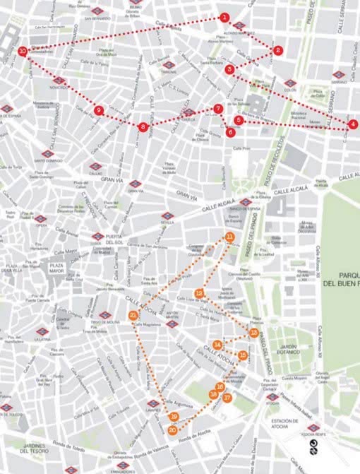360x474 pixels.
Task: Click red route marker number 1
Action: coord(224,16)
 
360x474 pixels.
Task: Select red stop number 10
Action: coord(23,51)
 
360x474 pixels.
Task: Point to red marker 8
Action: coord(143,127)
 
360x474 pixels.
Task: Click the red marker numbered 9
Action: coord(98,110)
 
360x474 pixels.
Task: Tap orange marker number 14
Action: coord(218,345)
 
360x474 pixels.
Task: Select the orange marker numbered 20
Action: coord(172,429)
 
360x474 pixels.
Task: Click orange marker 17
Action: coord(227,398)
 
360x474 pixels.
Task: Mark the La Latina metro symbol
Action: coord(42,331)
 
